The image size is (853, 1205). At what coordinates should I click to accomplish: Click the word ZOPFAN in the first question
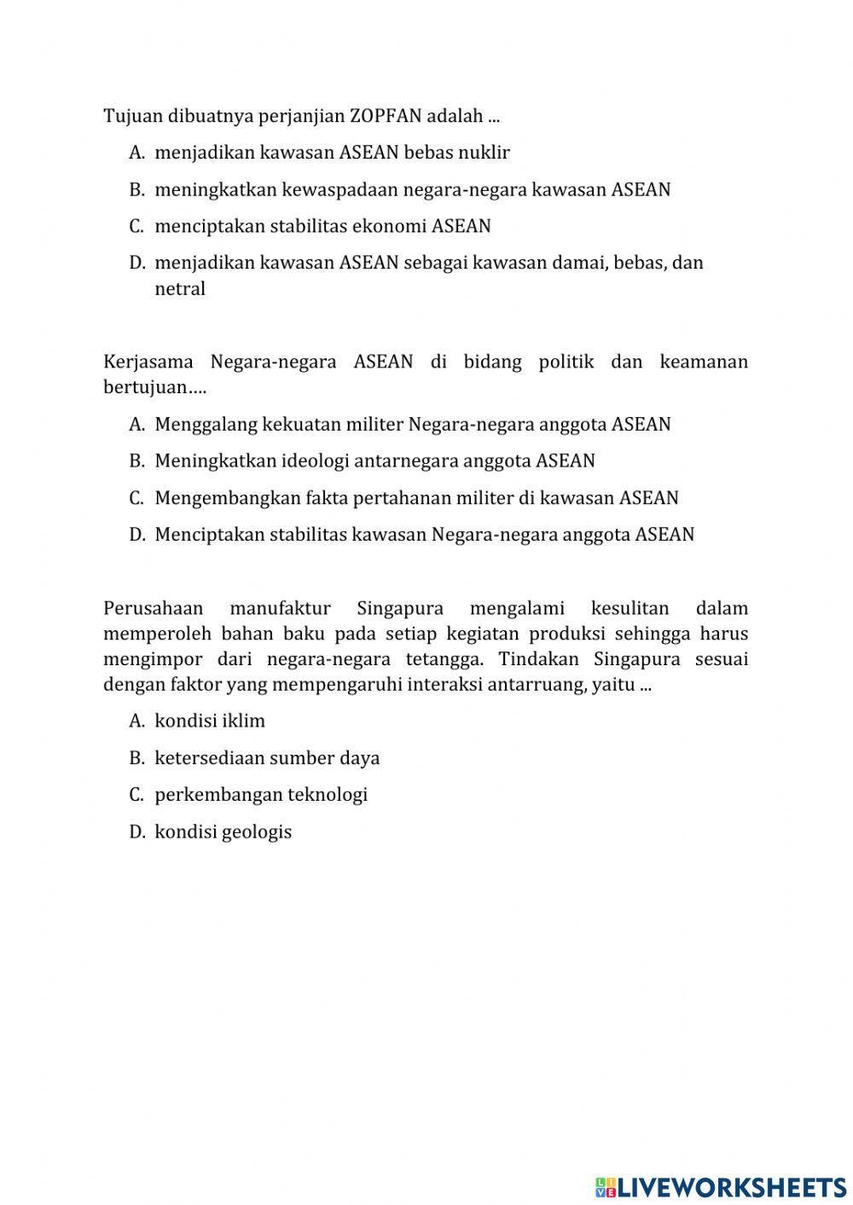point(386,115)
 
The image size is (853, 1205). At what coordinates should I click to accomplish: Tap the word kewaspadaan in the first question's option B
point(339,189)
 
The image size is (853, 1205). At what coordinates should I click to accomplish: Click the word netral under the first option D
point(180,289)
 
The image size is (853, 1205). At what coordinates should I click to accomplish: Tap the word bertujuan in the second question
point(144,387)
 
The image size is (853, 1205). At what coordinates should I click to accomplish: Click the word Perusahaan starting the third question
point(153,609)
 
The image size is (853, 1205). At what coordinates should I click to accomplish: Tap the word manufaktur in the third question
point(280,609)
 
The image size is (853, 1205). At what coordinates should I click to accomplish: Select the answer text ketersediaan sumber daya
point(267,758)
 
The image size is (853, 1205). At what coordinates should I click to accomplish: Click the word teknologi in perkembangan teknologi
point(328,795)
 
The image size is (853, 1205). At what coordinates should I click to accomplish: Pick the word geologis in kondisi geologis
point(256,832)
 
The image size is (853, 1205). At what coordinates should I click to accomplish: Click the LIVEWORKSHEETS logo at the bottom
point(721,1186)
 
